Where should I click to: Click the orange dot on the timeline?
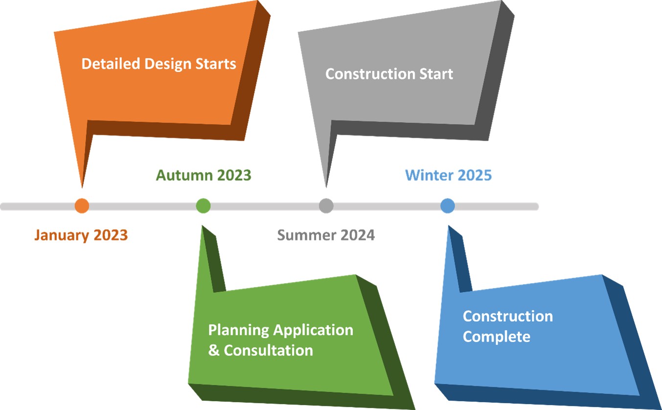(x=82, y=206)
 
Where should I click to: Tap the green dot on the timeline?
(x=204, y=206)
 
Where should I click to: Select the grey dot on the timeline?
(x=326, y=206)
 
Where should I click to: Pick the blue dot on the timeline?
(x=447, y=206)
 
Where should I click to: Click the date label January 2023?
(x=81, y=236)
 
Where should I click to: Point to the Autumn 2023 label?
(x=204, y=175)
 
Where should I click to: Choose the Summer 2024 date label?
(x=326, y=236)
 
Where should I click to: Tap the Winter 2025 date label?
(x=448, y=175)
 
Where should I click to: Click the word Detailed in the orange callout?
(x=111, y=64)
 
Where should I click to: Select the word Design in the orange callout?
(x=168, y=64)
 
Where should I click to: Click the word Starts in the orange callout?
(x=216, y=64)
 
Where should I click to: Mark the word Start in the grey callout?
(x=436, y=74)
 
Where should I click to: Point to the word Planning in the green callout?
(x=239, y=331)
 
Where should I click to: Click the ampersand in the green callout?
(x=214, y=351)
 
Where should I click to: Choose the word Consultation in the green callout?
(x=268, y=351)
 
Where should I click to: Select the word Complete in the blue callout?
(x=497, y=337)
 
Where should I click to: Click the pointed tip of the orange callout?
(x=82, y=188)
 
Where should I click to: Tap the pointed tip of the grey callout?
(x=326, y=188)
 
